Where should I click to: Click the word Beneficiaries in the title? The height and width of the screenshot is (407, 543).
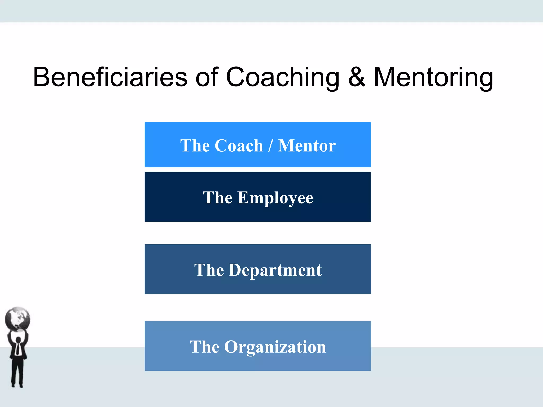110,77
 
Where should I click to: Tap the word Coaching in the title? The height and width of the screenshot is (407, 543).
283,77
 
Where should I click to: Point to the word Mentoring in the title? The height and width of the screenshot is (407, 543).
433,77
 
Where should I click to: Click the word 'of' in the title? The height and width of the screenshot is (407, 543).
207,77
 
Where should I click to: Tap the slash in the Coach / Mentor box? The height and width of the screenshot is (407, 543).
270,145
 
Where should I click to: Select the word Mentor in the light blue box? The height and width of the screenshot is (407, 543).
307,145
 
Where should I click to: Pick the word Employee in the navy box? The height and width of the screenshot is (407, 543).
275,198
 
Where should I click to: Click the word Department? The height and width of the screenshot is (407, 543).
275,270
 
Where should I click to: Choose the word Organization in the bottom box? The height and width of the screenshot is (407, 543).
275,347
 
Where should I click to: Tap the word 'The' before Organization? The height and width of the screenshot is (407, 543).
204,347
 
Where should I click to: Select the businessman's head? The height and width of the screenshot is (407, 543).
18,340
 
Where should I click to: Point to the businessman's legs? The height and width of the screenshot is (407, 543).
17,371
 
